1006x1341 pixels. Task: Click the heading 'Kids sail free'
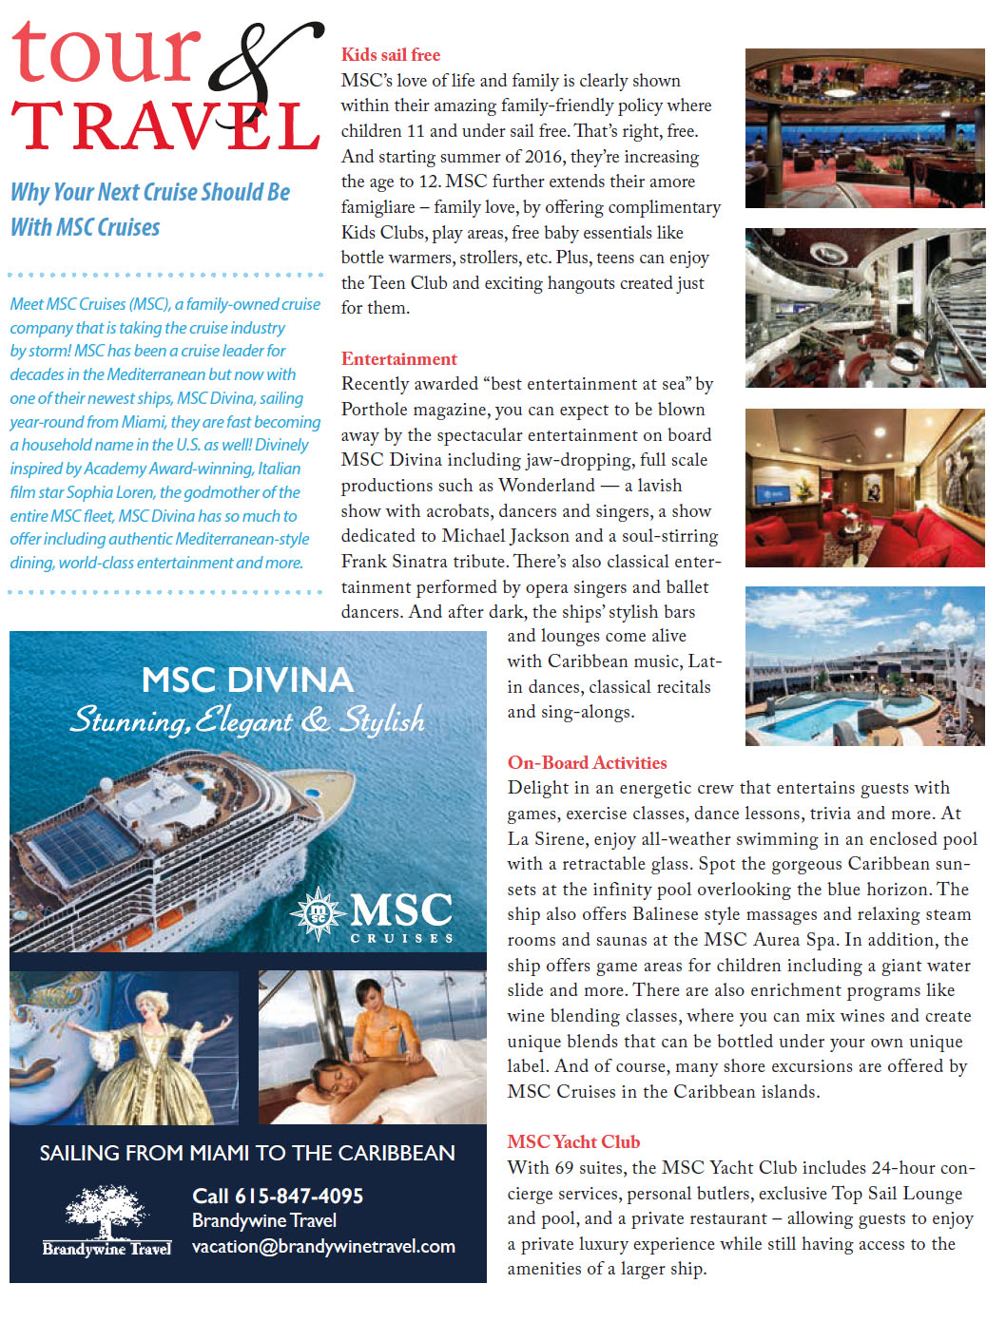[391, 55]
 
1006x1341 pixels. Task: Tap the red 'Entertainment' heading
[399, 359]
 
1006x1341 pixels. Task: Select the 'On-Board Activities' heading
[587, 763]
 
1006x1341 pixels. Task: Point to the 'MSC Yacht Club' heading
[573, 1142]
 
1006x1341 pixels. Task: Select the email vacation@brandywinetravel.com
[323, 1247]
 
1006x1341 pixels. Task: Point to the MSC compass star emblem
[318, 912]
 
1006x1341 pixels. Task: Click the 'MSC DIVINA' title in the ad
[247, 680]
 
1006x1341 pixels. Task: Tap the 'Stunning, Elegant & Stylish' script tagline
[247, 720]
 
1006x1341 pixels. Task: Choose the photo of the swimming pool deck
[864, 666]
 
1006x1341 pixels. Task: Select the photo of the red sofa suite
[864, 489]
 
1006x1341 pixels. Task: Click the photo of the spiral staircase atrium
[864, 308]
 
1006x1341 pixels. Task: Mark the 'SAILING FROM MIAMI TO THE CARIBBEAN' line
[247, 1154]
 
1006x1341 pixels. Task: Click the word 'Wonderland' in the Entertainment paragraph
[546, 486]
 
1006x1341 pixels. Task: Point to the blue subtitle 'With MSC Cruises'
[86, 228]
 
